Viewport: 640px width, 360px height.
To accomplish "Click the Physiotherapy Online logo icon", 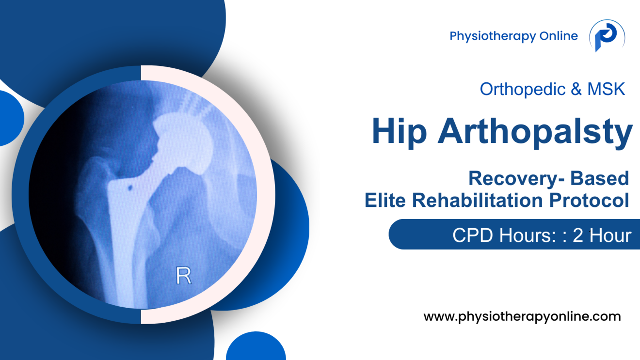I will (607, 36).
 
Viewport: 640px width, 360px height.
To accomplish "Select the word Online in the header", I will (559, 36).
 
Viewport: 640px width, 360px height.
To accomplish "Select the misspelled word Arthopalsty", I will (535, 132).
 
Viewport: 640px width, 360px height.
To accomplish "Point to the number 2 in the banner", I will (578, 235).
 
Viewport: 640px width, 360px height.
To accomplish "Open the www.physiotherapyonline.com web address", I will (522, 317).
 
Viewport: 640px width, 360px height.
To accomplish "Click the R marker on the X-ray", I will (183, 275).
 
